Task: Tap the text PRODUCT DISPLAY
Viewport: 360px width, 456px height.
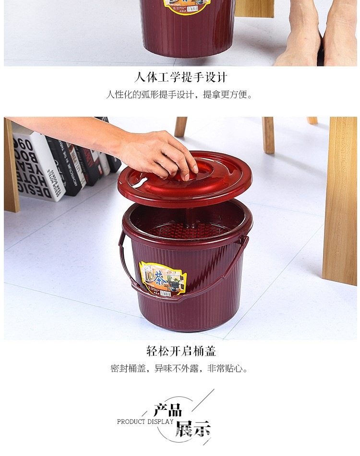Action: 145,421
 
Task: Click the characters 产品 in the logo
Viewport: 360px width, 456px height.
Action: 168,410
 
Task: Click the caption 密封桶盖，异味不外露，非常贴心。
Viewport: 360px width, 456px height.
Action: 179,369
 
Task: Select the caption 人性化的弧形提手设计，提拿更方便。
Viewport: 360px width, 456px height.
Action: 179,95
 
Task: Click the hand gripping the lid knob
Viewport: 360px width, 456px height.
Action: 158,154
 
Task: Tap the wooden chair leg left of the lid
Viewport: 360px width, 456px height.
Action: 180,127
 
